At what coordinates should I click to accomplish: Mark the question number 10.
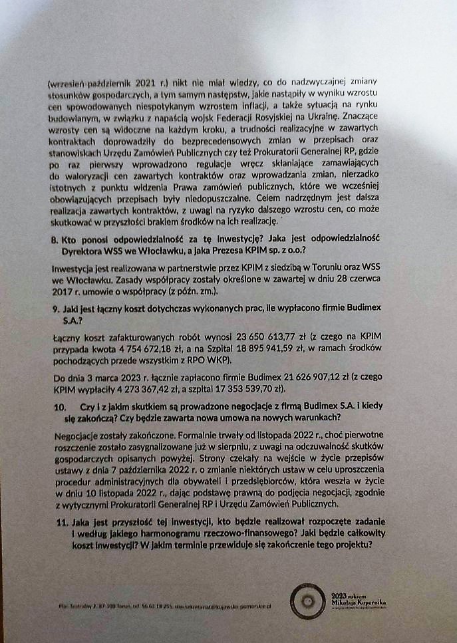pyautogui.click(x=59, y=407)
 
